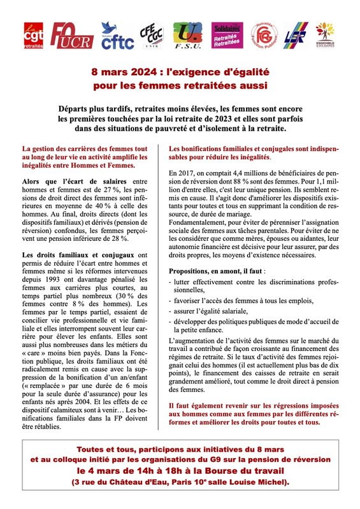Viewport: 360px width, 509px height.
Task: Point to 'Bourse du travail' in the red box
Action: coord(248,470)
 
